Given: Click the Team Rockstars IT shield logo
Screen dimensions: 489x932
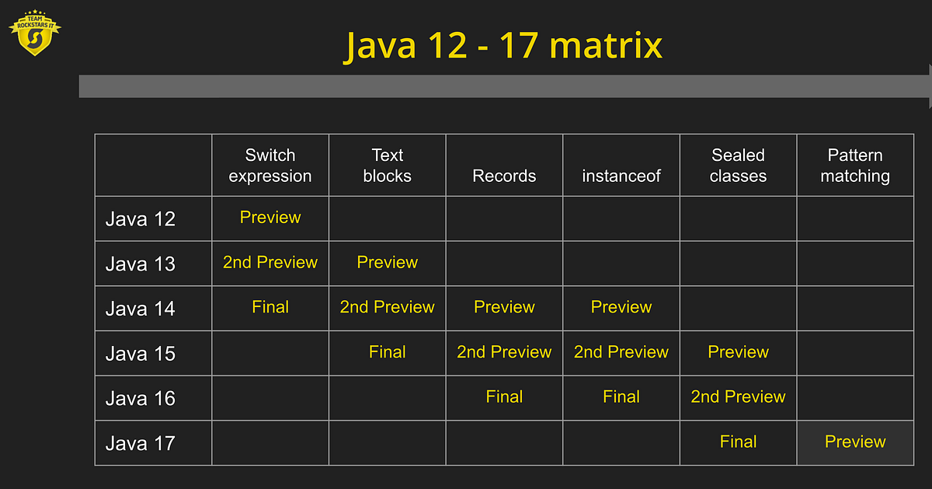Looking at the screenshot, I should (x=34, y=33).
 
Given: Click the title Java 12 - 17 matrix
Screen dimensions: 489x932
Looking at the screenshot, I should (x=504, y=45).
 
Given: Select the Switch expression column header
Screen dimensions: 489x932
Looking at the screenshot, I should (x=270, y=166).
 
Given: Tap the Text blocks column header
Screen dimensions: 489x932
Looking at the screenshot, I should (x=387, y=166).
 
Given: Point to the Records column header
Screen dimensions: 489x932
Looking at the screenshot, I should (x=504, y=176).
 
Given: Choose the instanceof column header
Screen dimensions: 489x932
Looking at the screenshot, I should (x=621, y=176).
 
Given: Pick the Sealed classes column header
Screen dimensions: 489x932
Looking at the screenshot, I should (x=738, y=166).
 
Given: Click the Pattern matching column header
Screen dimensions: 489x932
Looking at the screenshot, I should (x=855, y=166).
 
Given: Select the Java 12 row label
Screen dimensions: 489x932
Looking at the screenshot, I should (x=141, y=219).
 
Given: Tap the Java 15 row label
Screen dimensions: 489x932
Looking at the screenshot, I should (x=141, y=354).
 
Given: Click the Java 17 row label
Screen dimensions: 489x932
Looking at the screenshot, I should (x=141, y=443).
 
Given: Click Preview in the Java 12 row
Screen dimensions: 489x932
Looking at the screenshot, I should (x=270, y=218).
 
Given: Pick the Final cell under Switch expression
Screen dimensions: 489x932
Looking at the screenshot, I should (x=270, y=307).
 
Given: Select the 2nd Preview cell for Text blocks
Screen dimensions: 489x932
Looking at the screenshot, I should (x=387, y=307).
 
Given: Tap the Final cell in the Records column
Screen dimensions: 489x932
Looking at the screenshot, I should (x=504, y=396).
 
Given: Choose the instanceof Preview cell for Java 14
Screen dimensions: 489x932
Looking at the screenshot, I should (x=621, y=307).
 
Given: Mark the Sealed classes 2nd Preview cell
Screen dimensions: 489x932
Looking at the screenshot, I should (x=738, y=396).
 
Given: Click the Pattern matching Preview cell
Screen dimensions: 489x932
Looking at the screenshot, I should (x=855, y=442).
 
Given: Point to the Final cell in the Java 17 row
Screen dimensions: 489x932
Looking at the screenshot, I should (x=738, y=442).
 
